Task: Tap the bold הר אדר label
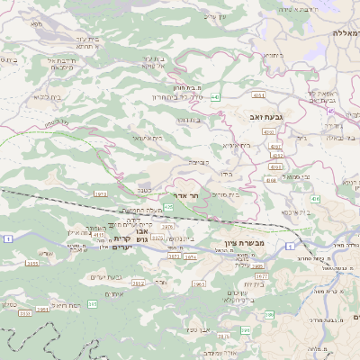[185, 194]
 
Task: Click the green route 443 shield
[216, 97]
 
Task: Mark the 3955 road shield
[32, 263]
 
